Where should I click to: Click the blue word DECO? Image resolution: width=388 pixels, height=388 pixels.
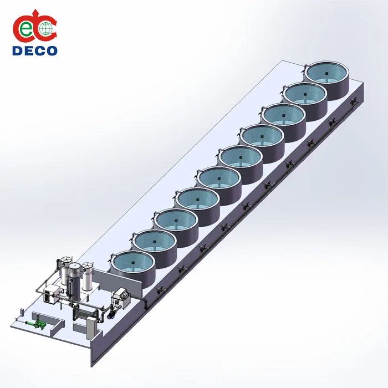coord(34,50)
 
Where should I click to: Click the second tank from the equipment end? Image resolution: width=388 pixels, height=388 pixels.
coord(154,242)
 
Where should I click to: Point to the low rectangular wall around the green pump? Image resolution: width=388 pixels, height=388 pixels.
coord(55,328)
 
